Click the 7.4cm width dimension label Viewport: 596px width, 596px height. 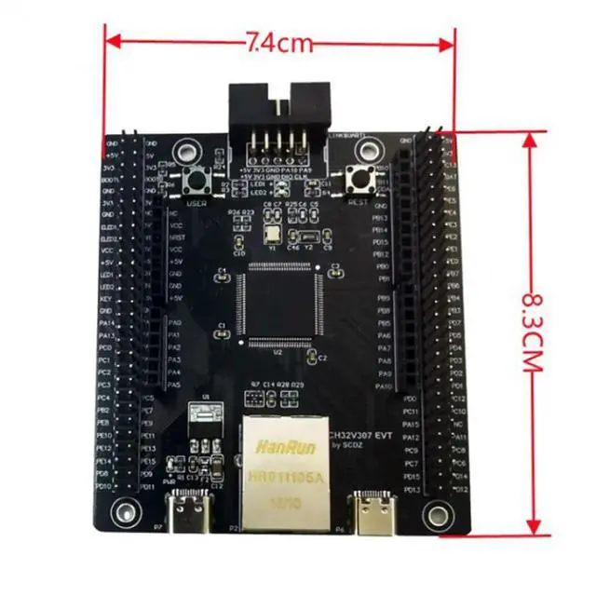point(278,41)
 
